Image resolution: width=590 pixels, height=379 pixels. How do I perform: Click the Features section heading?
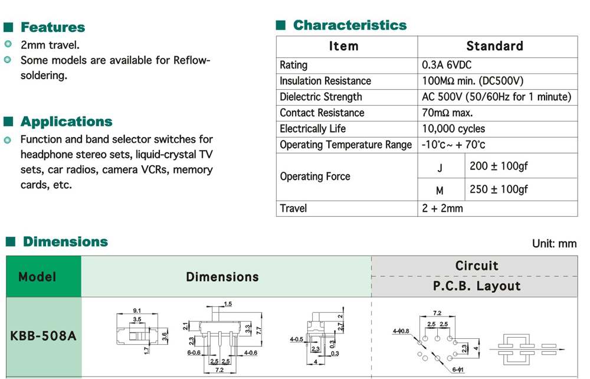coord(53,27)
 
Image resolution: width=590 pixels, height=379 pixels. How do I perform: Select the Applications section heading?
coord(66,122)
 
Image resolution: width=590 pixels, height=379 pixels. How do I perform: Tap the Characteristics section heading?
coord(349,25)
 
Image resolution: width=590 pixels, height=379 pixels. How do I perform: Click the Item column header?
coord(343,46)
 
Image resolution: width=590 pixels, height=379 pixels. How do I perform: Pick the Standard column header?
coord(494,46)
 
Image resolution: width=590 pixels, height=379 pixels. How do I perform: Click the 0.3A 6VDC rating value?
coord(447,65)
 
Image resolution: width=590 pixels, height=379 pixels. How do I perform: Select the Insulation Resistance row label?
coord(325,81)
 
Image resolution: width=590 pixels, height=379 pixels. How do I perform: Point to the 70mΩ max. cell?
coord(447,113)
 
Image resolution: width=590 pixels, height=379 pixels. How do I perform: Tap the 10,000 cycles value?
coord(453,129)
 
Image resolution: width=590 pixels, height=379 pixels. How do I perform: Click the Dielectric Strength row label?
coord(321,97)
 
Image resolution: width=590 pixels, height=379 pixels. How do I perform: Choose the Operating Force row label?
coord(315,177)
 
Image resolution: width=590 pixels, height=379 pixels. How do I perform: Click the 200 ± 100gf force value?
coord(499,166)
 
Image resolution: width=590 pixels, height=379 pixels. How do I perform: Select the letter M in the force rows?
coord(440,191)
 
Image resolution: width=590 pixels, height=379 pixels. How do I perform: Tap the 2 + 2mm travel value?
coord(442,208)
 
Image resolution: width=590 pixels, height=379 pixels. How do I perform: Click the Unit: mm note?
coord(554,244)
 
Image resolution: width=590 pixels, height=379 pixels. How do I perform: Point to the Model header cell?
coord(37,277)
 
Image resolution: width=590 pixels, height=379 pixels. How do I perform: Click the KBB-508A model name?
coord(44,336)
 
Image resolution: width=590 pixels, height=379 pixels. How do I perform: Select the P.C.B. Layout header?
coord(477,286)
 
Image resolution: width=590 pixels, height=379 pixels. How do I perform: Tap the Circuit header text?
coord(477,266)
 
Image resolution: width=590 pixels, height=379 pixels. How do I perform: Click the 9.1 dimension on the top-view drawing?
coord(136,311)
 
